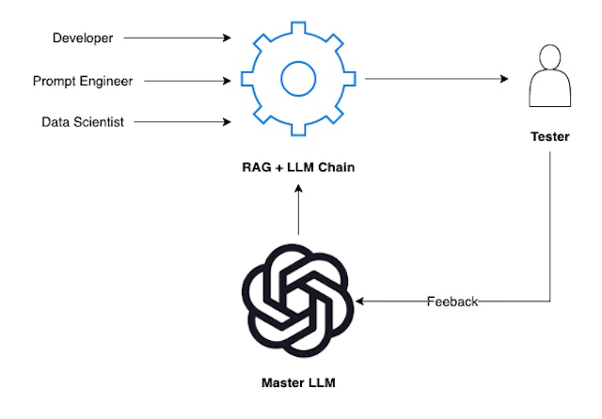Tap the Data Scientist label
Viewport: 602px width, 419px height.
click(x=82, y=122)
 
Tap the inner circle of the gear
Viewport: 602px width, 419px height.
click(x=298, y=78)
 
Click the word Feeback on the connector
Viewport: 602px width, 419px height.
click(x=452, y=302)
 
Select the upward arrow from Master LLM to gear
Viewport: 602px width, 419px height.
click(x=298, y=210)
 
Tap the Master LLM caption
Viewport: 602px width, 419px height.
click(x=298, y=383)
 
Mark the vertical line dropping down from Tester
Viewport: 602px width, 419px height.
click(x=550, y=225)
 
